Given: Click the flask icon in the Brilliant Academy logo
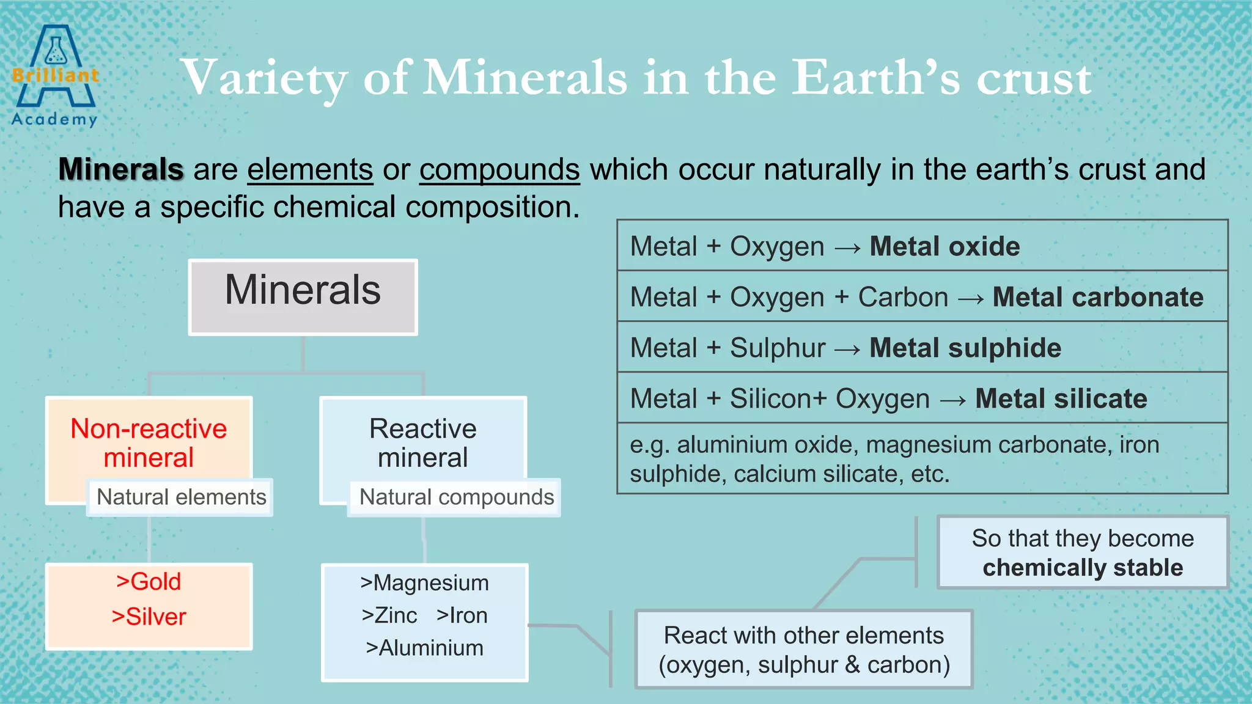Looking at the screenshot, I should tap(55, 51).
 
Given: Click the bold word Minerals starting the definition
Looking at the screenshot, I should tap(120, 169).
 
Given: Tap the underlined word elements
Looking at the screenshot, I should tap(310, 169).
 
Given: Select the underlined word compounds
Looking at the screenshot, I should tap(499, 169).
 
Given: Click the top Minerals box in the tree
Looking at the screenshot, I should tap(303, 296).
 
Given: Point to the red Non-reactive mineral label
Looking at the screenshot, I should tap(149, 443).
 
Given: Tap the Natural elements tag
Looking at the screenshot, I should tap(181, 497).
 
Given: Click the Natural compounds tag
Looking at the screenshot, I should tap(456, 497).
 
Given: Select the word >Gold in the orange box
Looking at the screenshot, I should tap(149, 581).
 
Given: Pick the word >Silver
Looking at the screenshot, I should tap(149, 617).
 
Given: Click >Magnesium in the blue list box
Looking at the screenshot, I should tap(424, 583).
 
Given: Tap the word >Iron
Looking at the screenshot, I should tap(462, 615).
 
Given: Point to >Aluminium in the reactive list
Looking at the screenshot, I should tap(424, 648).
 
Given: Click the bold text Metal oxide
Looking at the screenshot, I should tap(945, 246).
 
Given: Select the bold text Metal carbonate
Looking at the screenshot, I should tap(1097, 297).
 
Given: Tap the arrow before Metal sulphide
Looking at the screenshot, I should tap(847, 349).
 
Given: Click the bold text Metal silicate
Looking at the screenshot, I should tap(1061, 398).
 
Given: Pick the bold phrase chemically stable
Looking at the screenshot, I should tap(1083, 568).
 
